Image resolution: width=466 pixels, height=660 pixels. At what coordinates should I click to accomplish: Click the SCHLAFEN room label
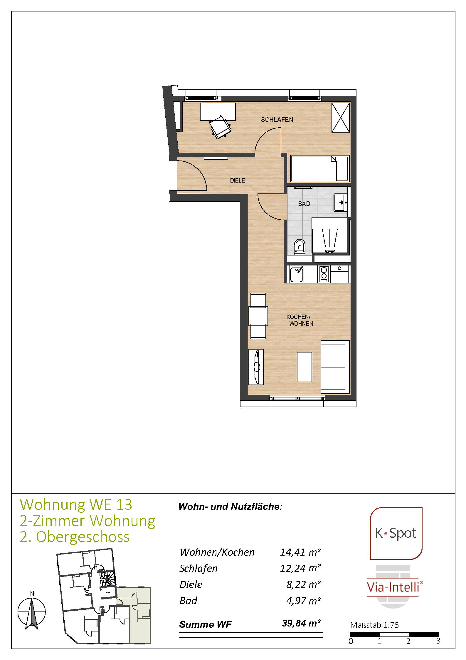click(x=277, y=119)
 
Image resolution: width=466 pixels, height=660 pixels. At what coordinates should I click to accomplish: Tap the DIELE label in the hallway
click(x=237, y=180)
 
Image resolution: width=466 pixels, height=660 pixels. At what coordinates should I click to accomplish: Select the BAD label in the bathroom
click(x=304, y=203)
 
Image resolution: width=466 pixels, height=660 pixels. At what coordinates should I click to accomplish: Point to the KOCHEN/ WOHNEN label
click(x=300, y=320)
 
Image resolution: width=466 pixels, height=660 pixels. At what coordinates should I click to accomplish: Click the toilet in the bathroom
click(x=300, y=247)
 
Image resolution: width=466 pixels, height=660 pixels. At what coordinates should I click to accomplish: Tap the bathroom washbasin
click(x=341, y=203)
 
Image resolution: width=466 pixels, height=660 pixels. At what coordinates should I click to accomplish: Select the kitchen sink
click(x=296, y=274)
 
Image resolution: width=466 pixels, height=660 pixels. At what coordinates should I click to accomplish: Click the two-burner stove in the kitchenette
click(x=324, y=274)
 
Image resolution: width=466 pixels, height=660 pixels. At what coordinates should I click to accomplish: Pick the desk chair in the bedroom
click(x=220, y=127)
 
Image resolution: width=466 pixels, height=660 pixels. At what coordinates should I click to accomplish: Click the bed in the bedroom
click(x=319, y=168)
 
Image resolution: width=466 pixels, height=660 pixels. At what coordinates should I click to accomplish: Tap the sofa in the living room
click(x=335, y=367)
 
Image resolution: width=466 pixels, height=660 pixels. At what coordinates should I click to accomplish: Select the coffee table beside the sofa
click(x=304, y=367)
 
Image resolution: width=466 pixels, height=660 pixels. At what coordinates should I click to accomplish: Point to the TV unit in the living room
click(x=256, y=367)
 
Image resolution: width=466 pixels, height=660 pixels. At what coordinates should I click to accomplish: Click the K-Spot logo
click(x=396, y=533)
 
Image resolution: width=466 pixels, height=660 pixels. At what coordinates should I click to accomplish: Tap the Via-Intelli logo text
click(x=393, y=587)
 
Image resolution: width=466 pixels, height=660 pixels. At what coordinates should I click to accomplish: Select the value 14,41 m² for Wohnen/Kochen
click(x=300, y=552)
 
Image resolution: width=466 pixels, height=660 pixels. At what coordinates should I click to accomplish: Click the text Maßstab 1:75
click(x=374, y=625)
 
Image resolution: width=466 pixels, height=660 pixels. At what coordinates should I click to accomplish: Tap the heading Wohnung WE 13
click(x=76, y=504)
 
